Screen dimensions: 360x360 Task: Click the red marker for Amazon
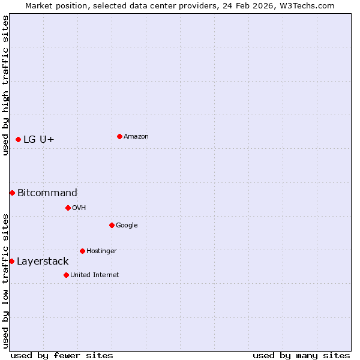[x=119, y=136]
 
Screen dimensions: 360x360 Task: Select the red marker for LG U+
[x=18, y=139]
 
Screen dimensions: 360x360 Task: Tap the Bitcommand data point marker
[x=12, y=193]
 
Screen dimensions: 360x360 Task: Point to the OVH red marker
[x=68, y=208]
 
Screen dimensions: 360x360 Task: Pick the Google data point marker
[x=112, y=225]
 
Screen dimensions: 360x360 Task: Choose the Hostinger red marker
[x=82, y=251]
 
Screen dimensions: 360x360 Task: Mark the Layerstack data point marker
[x=11, y=261]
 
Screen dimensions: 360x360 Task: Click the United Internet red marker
[x=66, y=275]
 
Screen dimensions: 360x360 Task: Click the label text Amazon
[x=136, y=136]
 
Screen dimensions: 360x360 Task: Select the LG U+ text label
[x=39, y=140]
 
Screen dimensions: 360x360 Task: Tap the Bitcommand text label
[x=47, y=193]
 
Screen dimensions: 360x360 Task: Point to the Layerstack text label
[x=43, y=261]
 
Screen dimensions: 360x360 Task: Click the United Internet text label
[x=95, y=275]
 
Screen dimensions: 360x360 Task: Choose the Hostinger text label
[x=101, y=251]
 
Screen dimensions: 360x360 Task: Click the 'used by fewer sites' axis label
[x=62, y=355]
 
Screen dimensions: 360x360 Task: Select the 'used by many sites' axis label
[x=301, y=355]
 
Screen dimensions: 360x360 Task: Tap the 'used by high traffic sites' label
[x=5, y=85]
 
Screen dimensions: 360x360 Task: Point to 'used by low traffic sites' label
[x=5, y=280]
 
